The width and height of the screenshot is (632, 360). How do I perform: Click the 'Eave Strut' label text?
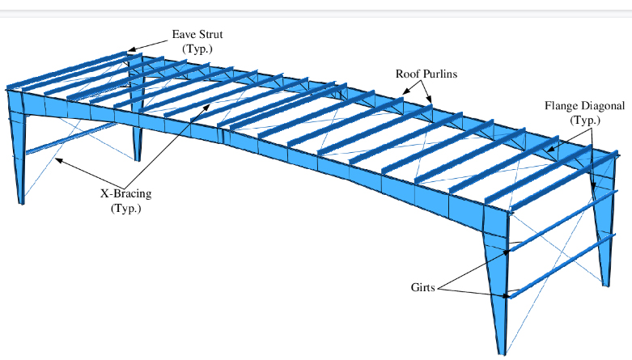coord(197,35)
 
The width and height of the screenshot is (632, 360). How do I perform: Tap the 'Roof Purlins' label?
coord(426,74)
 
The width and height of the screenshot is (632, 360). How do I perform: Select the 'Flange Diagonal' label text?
coord(584,106)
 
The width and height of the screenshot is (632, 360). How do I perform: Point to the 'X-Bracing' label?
coord(125,194)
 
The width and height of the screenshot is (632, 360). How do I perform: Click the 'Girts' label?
coord(423,287)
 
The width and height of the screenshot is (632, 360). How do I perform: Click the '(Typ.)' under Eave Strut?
coord(196,49)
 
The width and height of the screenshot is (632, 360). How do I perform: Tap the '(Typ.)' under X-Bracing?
coord(125,208)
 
